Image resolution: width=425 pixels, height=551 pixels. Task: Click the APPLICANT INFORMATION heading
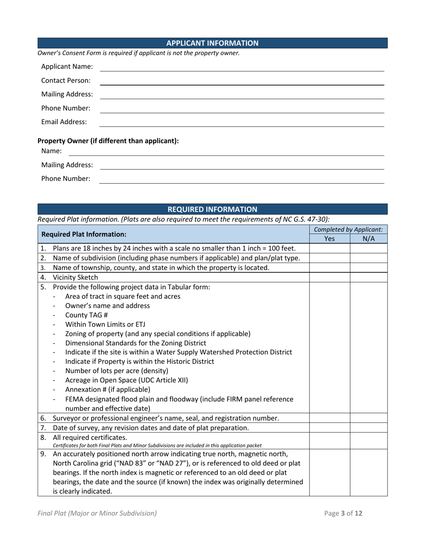coord(212,43)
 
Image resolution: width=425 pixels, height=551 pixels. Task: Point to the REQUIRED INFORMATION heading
coord(212,209)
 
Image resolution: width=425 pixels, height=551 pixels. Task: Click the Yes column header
coord(329,239)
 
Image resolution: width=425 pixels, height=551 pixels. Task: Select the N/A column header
coord(368,239)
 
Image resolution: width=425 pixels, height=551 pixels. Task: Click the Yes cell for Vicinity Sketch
coord(329,277)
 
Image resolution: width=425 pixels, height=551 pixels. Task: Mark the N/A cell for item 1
coord(368,248)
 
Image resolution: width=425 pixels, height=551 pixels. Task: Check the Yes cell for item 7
coord(329,427)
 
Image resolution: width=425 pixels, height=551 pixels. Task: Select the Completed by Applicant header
coord(348,229)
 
